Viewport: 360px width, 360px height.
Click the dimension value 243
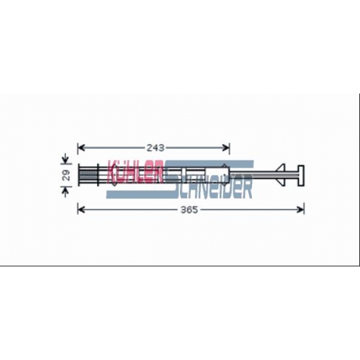[x=156, y=148]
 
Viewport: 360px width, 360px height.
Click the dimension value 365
[x=189, y=210]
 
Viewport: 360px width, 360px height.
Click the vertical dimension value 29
[x=66, y=175]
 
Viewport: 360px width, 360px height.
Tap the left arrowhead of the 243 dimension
[x=81, y=148]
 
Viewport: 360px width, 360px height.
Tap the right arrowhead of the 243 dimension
[x=226, y=148]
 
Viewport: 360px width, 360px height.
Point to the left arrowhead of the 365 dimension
[x=81, y=210]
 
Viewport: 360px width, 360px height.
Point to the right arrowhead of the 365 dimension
[x=300, y=210]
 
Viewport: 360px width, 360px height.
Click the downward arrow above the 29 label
[x=66, y=160]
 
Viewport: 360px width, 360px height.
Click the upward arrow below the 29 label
[x=66, y=192]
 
